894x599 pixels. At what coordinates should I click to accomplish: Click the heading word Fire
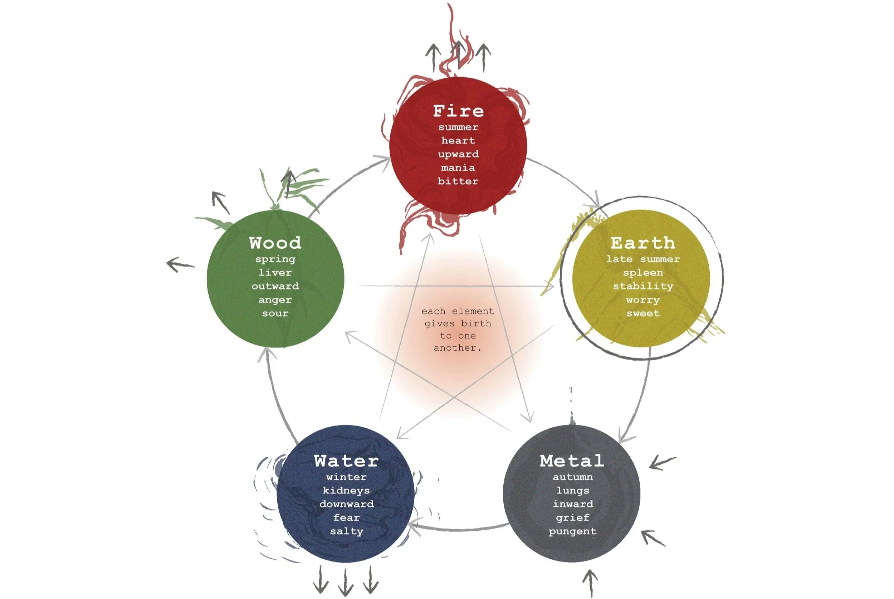[x=458, y=111]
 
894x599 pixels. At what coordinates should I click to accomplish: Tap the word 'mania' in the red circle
[x=458, y=168]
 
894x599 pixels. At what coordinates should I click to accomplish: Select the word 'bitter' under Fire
[x=458, y=181]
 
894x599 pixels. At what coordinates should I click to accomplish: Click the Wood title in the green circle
[x=275, y=243]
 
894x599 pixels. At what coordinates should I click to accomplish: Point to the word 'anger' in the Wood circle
[x=275, y=300]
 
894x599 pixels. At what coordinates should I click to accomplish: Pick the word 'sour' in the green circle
[x=275, y=313]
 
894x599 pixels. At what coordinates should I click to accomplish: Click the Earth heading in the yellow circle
[x=643, y=243]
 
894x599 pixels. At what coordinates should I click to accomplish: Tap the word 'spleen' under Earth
[x=643, y=273]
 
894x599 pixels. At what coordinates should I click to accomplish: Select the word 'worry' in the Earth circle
[x=643, y=300]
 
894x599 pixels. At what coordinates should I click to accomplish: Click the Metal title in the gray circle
[x=572, y=461]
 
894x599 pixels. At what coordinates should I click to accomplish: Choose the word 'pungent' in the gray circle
[x=572, y=531]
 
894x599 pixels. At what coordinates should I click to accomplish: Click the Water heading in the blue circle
[x=346, y=461]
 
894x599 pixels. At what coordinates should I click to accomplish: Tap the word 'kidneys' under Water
[x=346, y=491]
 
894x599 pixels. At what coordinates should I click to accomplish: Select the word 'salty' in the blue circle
[x=346, y=531]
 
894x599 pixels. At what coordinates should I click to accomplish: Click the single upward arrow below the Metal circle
[x=590, y=583]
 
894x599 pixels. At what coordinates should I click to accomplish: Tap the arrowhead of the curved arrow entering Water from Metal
[x=413, y=529]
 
